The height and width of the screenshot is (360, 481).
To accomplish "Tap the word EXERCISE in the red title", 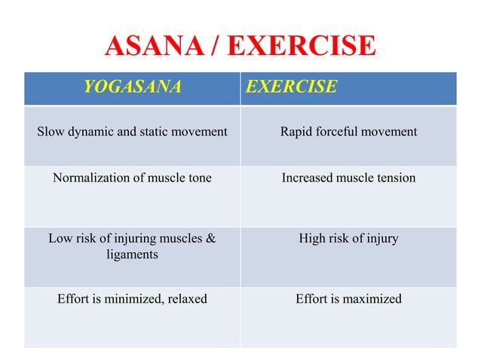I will click(301, 47).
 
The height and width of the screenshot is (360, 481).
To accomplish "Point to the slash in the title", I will click(214, 47).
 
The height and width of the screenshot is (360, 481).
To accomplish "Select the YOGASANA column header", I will click(132, 87).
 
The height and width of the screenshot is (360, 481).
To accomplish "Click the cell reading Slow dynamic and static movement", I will click(132, 132).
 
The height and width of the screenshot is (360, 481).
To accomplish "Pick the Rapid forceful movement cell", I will click(348, 132).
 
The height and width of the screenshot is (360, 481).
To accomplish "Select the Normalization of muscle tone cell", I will click(132, 178).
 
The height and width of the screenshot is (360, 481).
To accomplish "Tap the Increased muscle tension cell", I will click(348, 178).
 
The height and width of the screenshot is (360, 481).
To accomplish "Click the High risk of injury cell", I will click(348, 239).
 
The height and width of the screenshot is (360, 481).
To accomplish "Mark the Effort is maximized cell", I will click(348, 299).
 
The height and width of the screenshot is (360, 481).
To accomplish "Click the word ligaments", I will click(132, 255).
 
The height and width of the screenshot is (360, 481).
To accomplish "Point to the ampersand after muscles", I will click(210, 239).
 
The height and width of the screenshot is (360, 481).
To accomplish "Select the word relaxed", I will click(186, 299).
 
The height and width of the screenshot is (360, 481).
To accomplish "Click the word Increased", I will click(307, 178).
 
